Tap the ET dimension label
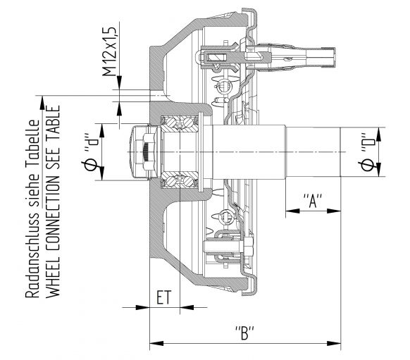tap(163, 299)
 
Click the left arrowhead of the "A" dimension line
tap(291, 211)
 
